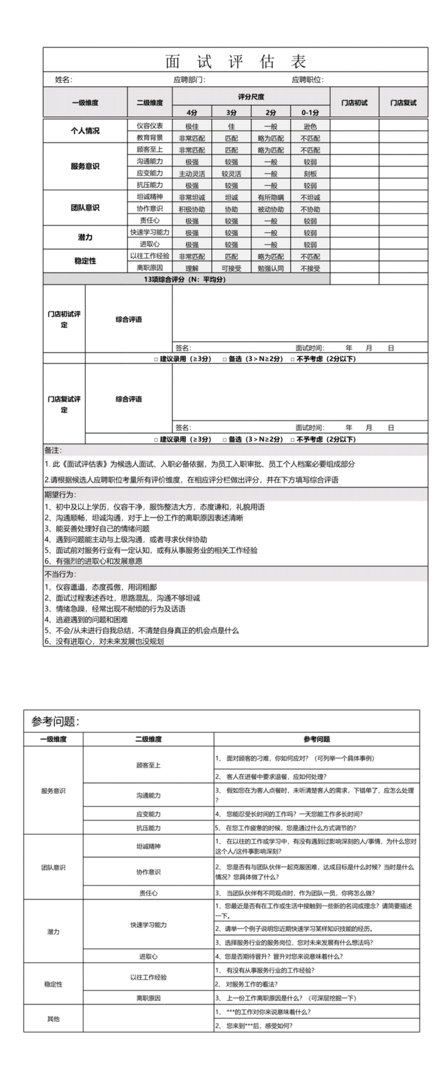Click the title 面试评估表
[235, 61]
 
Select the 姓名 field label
[63, 80]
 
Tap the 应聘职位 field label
[307, 80]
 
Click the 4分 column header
[192, 112]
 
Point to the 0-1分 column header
[310, 112]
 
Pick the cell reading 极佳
[192, 127]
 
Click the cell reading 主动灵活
[192, 174]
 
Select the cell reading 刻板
[310, 174]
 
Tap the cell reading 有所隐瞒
[270, 198]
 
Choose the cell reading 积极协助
[192, 209]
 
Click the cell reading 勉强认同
[270, 268]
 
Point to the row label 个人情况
[85, 131]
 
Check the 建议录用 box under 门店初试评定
[156, 359]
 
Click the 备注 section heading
[53, 450]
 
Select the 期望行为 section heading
[60, 495]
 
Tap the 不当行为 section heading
[60, 574]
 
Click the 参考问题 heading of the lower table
[55, 721]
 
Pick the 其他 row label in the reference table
[53, 1019]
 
